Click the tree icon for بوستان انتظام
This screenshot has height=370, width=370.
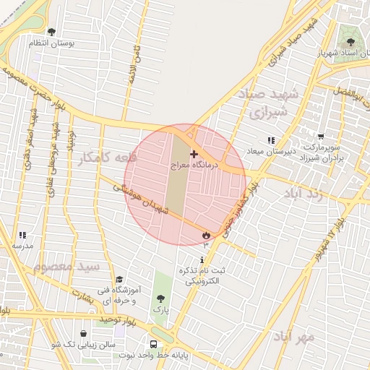tap(51, 32)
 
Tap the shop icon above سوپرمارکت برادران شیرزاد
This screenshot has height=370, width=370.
tap(321, 136)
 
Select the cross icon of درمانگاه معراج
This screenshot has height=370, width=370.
tap(194, 154)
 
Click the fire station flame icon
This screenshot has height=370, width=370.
tap(206, 235)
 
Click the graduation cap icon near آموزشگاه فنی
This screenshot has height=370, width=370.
tap(119, 280)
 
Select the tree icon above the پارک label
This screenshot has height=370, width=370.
tap(160, 298)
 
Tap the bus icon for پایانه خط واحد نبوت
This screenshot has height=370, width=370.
tap(153, 345)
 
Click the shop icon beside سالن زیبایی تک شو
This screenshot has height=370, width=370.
tap(85, 335)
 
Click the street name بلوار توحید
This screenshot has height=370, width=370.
tap(102, 318)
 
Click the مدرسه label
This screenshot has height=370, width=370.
tap(22, 246)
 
